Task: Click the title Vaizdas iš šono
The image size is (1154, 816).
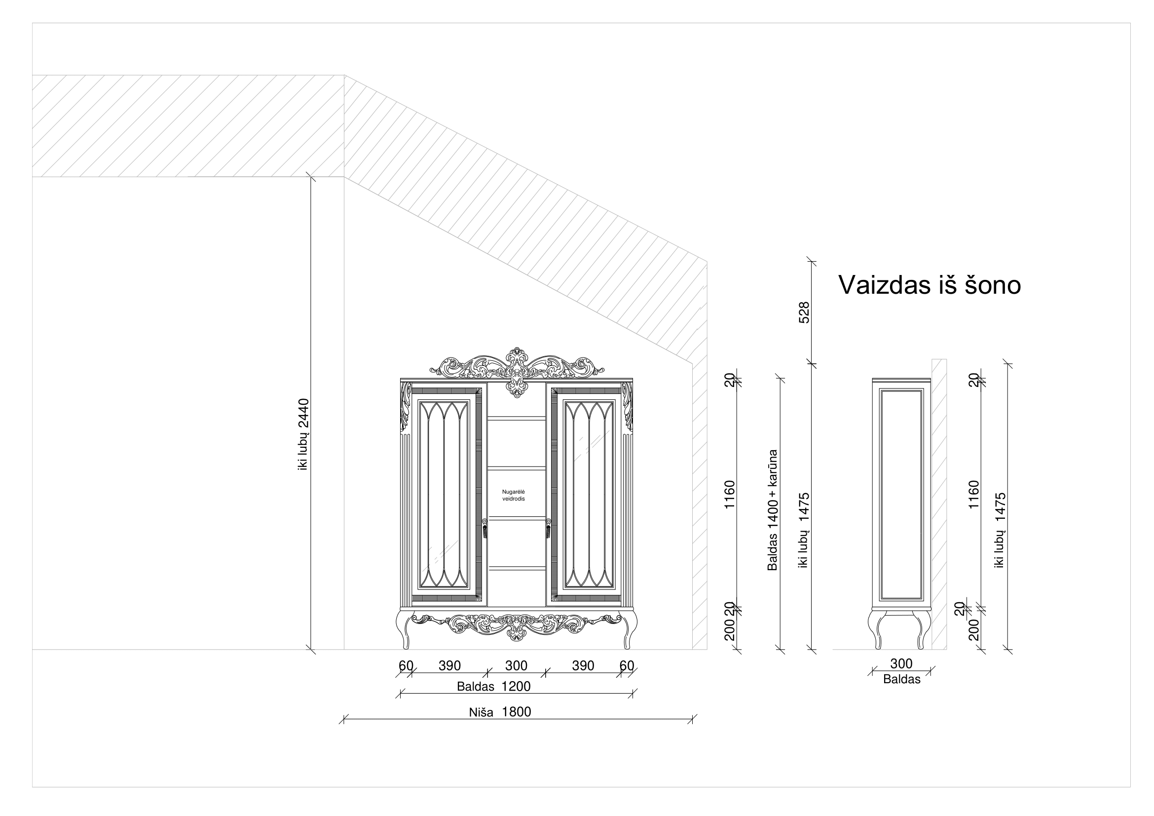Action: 930,285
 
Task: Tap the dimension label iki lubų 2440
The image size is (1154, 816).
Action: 303,434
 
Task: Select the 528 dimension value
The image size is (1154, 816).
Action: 804,312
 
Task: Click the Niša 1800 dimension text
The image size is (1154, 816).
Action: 500,712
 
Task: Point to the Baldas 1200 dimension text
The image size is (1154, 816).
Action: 493,686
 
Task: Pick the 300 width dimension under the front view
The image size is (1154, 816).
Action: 516,665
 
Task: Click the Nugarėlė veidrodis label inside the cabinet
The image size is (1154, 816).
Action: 514,495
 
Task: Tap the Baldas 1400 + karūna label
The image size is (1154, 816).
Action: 773,510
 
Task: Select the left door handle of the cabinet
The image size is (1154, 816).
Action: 484,528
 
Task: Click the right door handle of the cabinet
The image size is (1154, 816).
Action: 548,528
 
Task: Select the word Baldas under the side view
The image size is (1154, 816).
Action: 902,680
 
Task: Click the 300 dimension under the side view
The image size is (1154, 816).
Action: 901,663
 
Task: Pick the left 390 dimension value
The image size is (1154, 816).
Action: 449,665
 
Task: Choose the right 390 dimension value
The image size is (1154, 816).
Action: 583,665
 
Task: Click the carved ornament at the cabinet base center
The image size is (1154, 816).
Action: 516,625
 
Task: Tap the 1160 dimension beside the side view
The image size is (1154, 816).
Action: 974,494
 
